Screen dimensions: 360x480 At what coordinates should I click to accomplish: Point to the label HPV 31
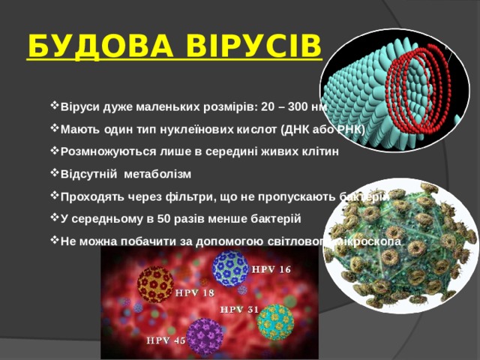point(240,309)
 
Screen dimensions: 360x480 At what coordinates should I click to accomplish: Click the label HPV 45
point(166,340)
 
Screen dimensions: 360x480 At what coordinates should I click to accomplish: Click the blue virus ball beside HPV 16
point(229,268)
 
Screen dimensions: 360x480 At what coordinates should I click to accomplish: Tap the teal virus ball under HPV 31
point(275,322)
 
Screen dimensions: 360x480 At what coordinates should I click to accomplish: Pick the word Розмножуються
point(101,151)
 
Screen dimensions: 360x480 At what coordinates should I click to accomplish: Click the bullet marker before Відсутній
point(54,174)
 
